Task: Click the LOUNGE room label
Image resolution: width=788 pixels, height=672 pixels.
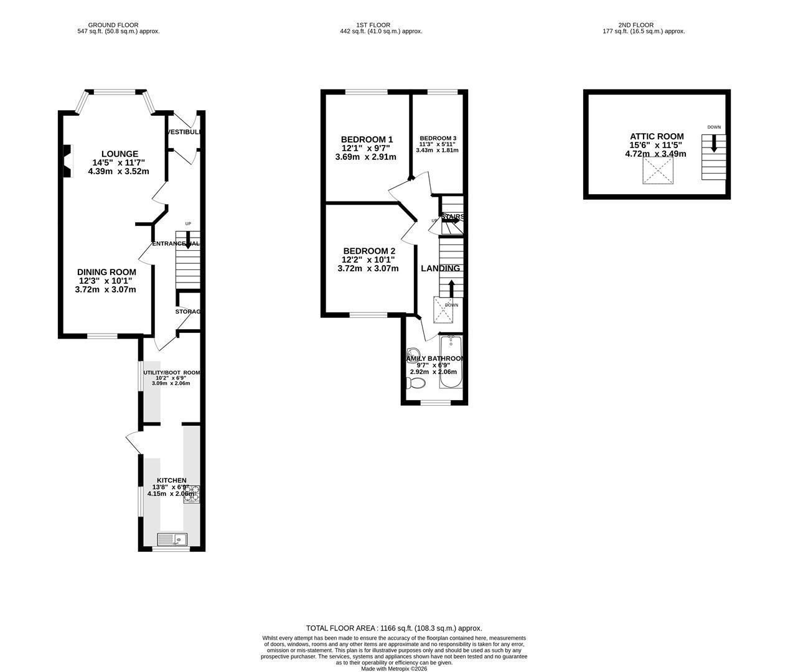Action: pos(120,154)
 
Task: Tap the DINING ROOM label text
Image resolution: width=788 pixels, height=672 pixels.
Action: pos(106,272)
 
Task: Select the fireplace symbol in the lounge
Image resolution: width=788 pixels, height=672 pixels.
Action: pos(67,161)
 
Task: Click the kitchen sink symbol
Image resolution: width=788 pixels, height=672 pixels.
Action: pos(172,539)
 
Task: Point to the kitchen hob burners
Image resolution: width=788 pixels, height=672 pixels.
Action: pos(191,493)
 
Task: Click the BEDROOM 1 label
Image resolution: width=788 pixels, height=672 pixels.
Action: pos(367,139)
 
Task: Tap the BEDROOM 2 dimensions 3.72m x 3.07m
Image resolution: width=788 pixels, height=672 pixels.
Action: pos(368,268)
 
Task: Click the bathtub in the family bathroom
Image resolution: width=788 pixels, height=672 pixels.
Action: pos(451,362)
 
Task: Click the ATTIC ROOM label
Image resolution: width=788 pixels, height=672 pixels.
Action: pos(657,136)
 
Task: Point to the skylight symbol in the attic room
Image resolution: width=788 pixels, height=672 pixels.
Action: pos(659,170)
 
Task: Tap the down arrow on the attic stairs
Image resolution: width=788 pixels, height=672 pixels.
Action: pos(714,144)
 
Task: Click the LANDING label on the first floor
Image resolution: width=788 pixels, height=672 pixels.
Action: pos(440,268)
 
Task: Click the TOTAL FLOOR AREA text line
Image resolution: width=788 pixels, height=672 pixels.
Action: pos(393,628)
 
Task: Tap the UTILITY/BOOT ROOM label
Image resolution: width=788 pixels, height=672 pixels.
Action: pos(172,373)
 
